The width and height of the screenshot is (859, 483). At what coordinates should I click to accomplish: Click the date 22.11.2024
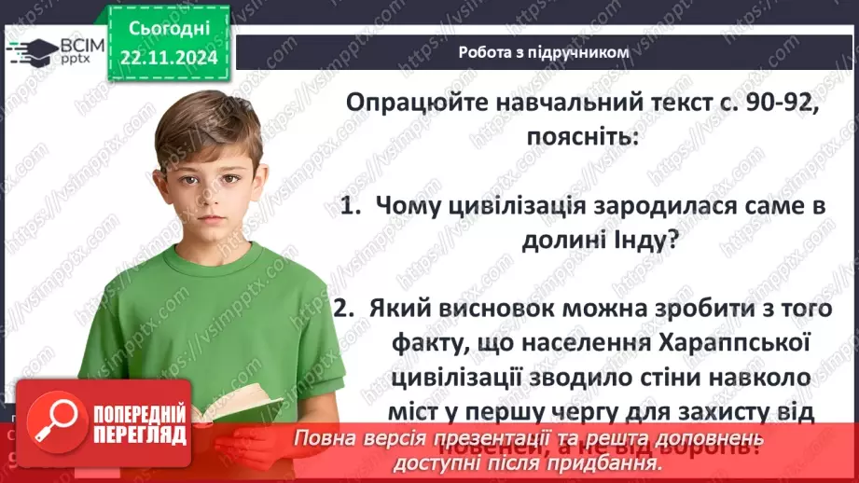pyautogui.click(x=170, y=58)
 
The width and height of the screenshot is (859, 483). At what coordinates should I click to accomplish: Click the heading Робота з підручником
pyautogui.click(x=544, y=52)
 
